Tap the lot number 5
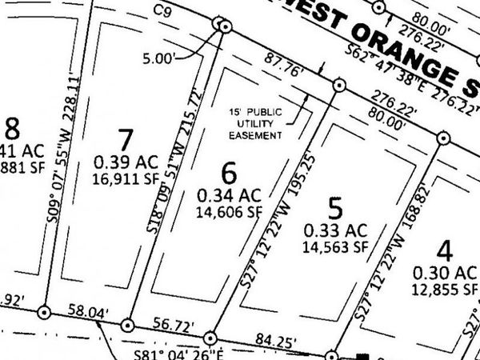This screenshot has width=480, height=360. pos(337,210)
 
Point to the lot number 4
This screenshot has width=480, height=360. pos(446,251)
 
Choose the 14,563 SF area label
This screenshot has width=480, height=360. pos(336,248)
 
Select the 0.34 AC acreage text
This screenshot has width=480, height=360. pos(230,195)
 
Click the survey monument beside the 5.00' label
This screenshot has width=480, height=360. pos(226,26)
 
